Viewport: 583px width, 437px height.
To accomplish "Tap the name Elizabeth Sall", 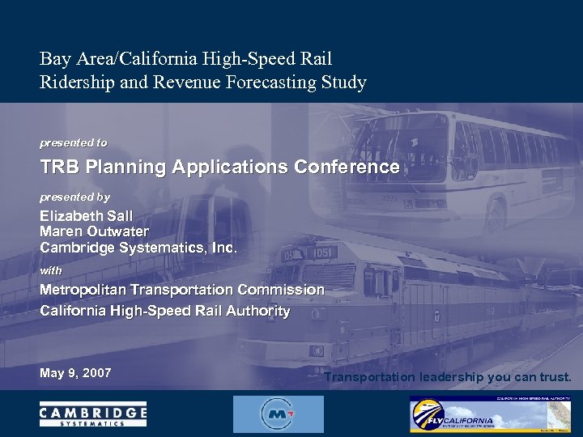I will pos(86,216).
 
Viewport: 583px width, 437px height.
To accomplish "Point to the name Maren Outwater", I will pos(94,231).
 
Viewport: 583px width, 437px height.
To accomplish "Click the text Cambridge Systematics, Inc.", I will pos(138,248).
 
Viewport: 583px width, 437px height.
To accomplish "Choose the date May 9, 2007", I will pos(75,373).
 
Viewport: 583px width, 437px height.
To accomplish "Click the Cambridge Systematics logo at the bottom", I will pos(93,414).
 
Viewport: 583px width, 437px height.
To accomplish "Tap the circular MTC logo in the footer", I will pos(278,414).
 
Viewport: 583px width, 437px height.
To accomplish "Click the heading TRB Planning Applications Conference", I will pos(219,168).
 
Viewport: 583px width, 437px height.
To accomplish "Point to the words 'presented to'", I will pos(74,142).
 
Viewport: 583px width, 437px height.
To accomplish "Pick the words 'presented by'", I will pos(74,197).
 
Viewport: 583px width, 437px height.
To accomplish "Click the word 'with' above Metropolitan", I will pos(51,269).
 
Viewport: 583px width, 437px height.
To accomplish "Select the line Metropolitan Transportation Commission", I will pos(182,290).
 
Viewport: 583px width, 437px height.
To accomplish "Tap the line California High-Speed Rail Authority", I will pos(165,311).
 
